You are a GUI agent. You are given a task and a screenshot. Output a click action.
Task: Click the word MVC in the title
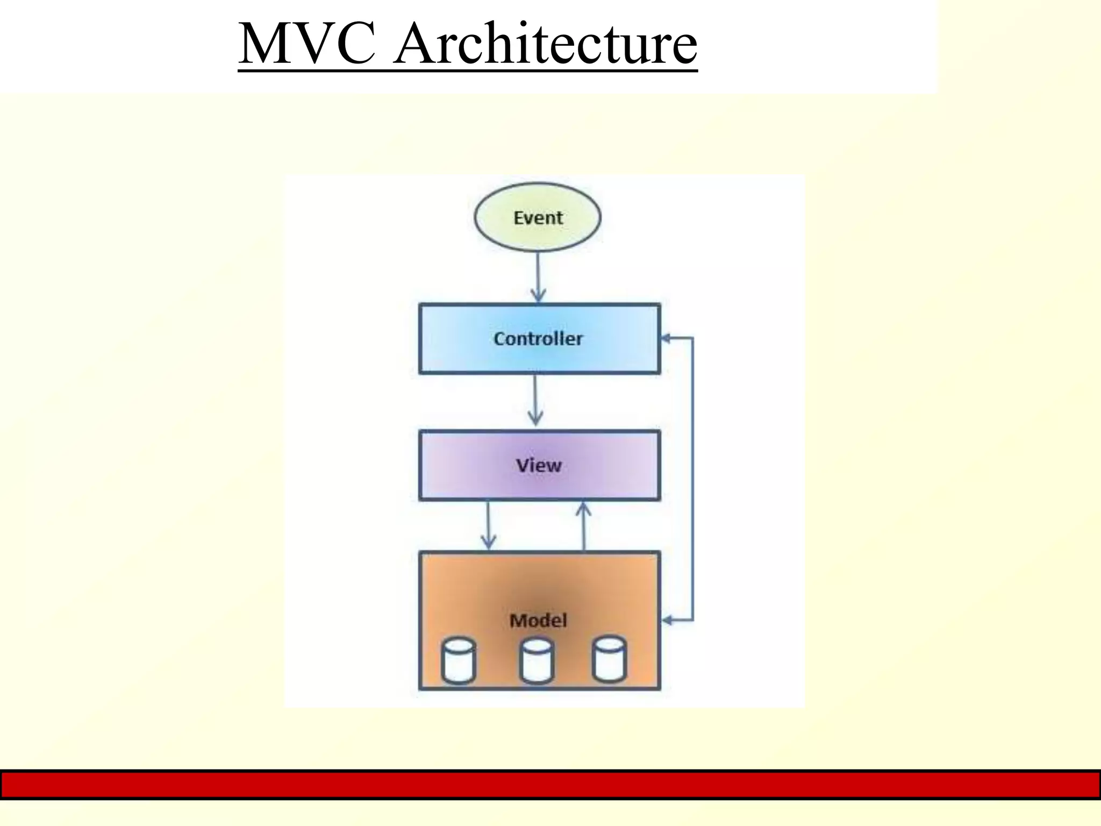click(x=306, y=44)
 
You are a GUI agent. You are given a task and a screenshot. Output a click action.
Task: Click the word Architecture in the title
click(x=545, y=44)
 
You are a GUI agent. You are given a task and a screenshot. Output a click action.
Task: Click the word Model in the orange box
click(x=538, y=621)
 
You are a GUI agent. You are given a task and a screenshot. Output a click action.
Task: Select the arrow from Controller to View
click(x=535, y=401)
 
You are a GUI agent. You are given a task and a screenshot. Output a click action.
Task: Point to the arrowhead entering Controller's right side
click(x=666, y=338)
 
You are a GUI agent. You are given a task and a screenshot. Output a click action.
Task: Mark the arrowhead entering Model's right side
click(x=667, y=621)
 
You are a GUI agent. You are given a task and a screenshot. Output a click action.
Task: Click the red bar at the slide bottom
click(x=550, y=785)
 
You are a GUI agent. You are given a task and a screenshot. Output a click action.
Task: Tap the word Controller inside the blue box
click(x=538, y=339)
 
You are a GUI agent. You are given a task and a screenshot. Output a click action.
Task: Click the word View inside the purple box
click(x=539, y=465)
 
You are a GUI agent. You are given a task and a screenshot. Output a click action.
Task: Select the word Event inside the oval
click(x=538, y=218)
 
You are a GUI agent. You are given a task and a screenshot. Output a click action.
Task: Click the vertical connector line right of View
click(x=692, y=479)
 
